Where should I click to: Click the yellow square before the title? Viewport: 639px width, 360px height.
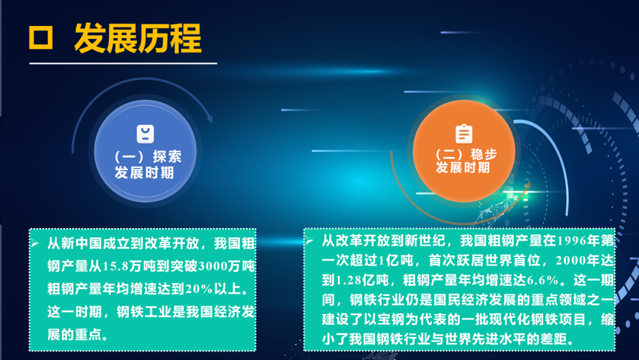click(x=41, y=38)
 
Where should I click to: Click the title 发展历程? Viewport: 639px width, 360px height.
click(x=138, y=38)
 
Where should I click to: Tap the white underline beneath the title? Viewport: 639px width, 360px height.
click(x=123, y=63)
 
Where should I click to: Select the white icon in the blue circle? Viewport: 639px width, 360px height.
click(x=145, y=134)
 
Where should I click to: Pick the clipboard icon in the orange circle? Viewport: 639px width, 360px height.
click(x=464, y=134)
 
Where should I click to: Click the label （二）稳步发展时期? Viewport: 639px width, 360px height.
click(x=464, y=161)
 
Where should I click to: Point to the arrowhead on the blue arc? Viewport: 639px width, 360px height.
click(x=209, y=118)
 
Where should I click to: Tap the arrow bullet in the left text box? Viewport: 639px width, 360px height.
click(x=35, y=243)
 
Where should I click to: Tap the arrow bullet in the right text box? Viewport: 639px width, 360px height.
click(x=309, y=240)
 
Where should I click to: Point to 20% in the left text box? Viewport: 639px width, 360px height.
click(x=199, y=289)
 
